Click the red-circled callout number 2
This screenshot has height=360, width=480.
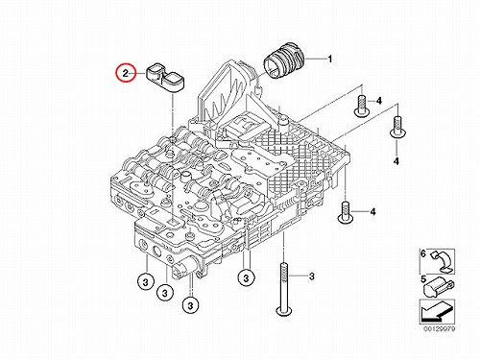point(126,73)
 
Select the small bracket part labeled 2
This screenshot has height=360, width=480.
point(166,80)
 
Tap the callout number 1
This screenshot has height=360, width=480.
point(329,60)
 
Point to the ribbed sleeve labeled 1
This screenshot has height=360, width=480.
point(283,60)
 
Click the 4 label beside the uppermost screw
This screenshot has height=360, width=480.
point(379,101)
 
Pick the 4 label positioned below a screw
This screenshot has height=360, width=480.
point(396,161)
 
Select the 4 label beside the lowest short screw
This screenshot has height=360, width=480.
point(372,212)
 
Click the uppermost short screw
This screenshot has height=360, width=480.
point(362,107)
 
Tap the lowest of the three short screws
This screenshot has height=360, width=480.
point(346,213)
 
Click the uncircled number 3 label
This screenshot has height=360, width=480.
point(312,276)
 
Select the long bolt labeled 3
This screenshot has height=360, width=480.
point(283,289)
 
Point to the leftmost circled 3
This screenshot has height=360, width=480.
point(146,282)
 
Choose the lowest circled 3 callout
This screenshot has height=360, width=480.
point(190,305)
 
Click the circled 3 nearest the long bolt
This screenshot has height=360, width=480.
point(246,277)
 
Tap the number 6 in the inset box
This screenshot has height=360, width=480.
point(423,253)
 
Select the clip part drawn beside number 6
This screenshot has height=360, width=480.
point(442,262)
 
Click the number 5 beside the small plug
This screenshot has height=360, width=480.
point(423,279)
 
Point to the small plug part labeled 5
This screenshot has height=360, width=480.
point(438,287)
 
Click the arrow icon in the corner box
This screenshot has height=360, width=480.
point(437,312)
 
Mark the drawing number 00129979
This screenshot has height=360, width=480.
point(440,328)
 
